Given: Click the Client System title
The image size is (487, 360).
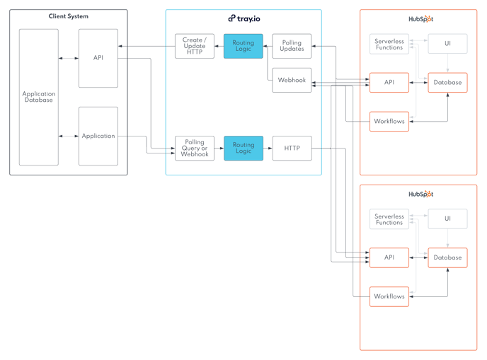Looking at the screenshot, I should click(69, 16).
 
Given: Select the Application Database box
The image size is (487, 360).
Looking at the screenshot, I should click(39, 97).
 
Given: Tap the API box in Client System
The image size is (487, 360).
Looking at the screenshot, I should click(98, 58).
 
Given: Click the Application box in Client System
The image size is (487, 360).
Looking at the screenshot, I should click(98, 136).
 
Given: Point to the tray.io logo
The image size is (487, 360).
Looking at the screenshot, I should click(243, 18).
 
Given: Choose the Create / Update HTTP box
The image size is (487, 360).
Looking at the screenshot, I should click(195, 46).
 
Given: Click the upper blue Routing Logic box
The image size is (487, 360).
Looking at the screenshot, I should click(243, 46).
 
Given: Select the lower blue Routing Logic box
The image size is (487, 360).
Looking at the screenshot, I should click(243, 148).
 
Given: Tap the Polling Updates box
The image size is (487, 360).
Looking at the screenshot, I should click(292, 46).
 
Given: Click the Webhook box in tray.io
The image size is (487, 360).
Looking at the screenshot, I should click(292, 80).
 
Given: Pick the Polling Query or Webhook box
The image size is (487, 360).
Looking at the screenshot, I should click(195, 148).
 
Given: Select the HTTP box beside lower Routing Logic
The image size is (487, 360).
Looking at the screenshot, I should click(292, 148).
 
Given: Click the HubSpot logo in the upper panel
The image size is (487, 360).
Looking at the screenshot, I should click(420, 19).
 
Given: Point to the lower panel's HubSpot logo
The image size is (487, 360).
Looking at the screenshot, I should click(420, 194).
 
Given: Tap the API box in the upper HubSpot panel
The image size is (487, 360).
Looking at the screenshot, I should click(389, 82).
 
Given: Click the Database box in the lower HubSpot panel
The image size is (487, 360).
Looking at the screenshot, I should click(447, 257).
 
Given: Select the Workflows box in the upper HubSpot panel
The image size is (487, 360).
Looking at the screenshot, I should click(389, 121).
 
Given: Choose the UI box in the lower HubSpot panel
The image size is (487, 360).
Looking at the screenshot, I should click(447, 219).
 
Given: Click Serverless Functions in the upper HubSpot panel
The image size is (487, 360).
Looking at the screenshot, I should click(389, 44).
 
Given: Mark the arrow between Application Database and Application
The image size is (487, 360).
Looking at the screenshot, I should click(69, 136).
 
